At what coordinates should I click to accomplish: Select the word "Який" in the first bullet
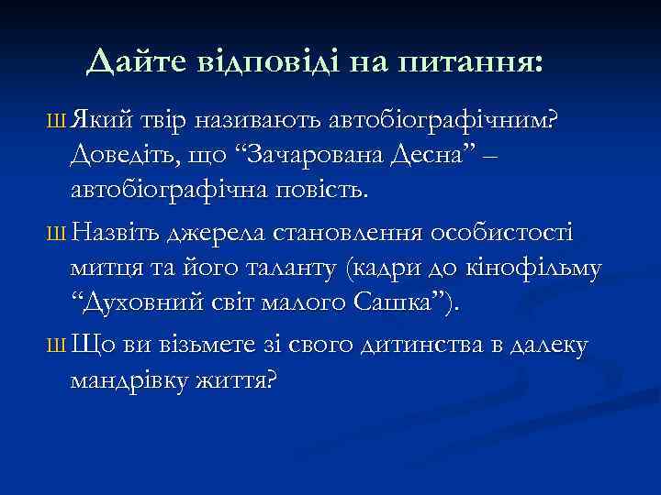click(100, 120)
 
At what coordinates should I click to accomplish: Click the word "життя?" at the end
click(244, 380)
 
